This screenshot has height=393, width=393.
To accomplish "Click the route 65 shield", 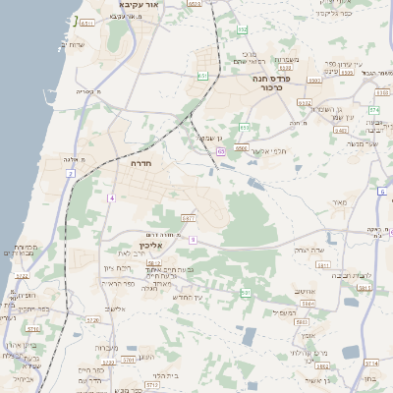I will [x=222, y=151].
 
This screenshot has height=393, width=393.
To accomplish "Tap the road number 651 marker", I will [x=202, y=75].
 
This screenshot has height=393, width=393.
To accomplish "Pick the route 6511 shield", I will [x=87, y=23].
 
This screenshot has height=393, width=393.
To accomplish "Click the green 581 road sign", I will [x=246, y=293].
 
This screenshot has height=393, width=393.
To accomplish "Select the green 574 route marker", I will [x=374, y=110].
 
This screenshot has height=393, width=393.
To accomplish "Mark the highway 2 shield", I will [x=71, y=174].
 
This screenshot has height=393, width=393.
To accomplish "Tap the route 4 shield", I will [x=112, y=198].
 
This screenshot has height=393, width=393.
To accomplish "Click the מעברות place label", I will [x=106, y=348].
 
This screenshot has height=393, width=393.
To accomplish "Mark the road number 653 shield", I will [x=245, y=126].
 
